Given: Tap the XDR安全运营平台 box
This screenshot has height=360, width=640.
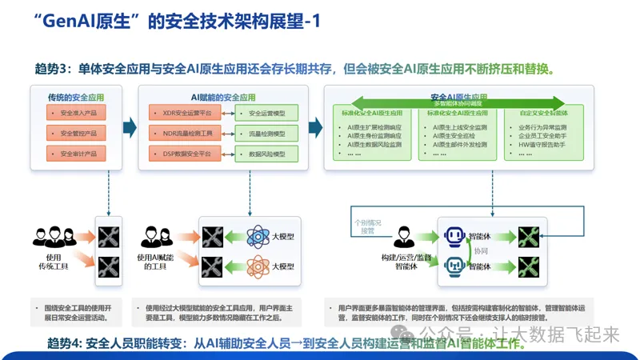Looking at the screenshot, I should [182, 114].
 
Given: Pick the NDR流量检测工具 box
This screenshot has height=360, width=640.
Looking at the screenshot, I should [182, 133].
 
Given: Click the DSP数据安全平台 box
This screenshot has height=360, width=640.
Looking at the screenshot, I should [182, 153].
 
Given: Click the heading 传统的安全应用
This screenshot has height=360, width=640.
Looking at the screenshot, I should [76, 97].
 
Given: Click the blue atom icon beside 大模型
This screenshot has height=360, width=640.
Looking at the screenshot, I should [260, 237].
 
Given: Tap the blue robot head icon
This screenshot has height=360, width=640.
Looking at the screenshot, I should [455, 236].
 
